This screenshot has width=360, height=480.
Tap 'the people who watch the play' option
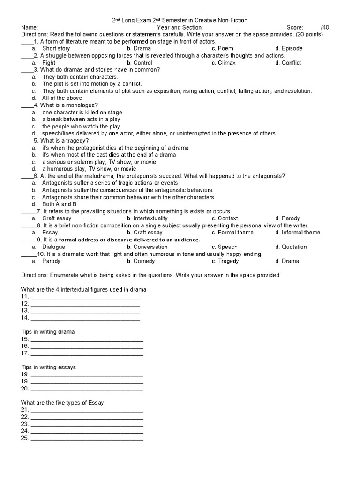(x=81, y=127)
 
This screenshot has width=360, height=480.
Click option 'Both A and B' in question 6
(x=59, y=204)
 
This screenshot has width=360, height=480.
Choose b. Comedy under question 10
(x=143, y=261)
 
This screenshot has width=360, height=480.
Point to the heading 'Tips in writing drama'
(x=48, y=332)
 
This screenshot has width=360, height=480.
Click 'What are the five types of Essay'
(x=62, y=403)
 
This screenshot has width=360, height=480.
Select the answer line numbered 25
(x=87, y=439)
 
